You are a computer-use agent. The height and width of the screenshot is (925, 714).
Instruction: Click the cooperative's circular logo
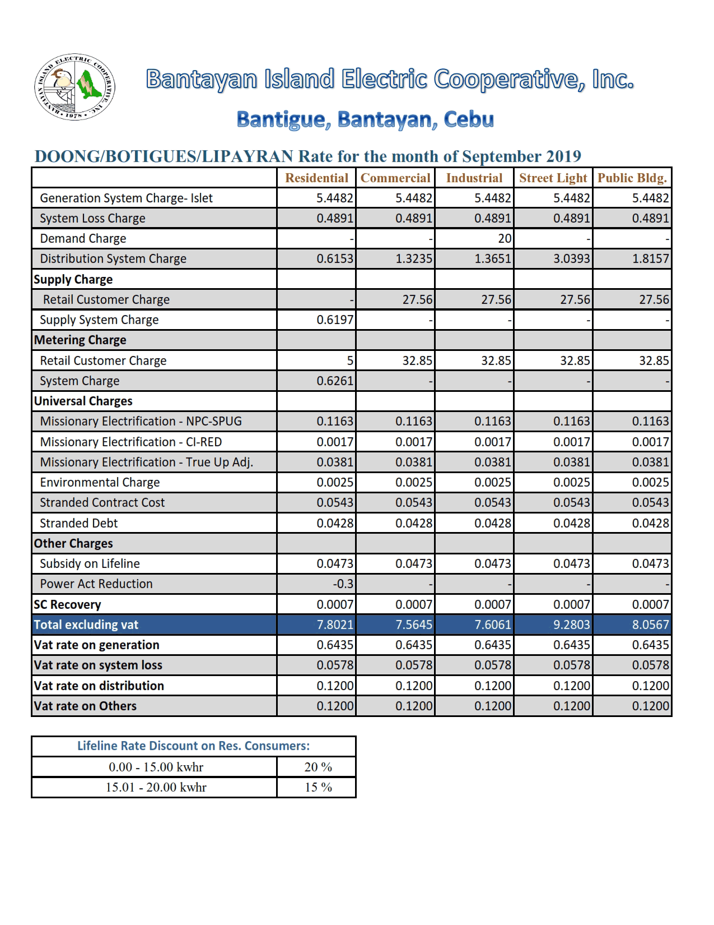(74, 87)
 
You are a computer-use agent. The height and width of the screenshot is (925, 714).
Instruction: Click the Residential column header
(316, 178)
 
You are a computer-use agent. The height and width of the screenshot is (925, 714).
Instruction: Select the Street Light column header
(553, 178)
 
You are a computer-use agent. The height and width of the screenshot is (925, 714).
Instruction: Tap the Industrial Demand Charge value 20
(505, 239)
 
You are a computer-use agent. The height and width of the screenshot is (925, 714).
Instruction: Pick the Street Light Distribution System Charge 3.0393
(571, 259)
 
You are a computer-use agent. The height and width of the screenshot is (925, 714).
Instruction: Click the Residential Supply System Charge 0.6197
(335, 320)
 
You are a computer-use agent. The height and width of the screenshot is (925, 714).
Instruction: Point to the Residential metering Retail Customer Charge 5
(349, 360)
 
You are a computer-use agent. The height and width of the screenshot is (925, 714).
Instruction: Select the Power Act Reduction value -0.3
(343, 584)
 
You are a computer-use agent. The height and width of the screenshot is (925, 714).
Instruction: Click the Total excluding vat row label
(86, 625)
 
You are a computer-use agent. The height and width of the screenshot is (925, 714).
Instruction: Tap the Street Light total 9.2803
(571, 625)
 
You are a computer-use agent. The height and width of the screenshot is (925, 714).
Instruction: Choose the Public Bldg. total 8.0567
(650, 625)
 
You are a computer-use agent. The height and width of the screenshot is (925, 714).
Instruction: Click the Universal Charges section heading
(83, 401)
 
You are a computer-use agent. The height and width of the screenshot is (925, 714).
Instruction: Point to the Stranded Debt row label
(79, 524)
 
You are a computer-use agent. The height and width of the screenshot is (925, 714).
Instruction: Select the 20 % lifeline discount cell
(318, 767)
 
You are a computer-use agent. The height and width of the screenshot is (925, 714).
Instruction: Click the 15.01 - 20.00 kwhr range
(156, 787)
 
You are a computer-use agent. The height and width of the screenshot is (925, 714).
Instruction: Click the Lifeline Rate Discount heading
(193, 746)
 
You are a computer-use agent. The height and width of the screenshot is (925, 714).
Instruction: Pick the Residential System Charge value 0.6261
(335, 381)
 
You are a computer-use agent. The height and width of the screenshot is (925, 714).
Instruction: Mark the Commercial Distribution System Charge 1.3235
(413, 259)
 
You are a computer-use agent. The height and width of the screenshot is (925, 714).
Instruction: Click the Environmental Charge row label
(100, 483)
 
